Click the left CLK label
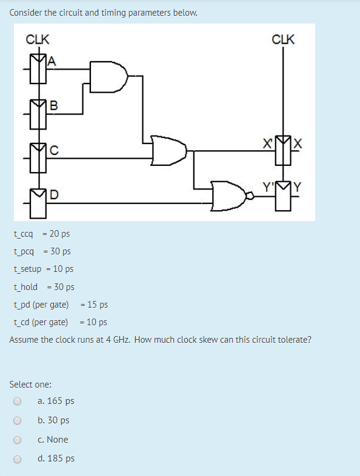pos(38,40)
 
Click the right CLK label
pos(283,40)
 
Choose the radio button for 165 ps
pos(18,401)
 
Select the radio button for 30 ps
pos(18,420)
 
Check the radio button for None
pos(18,440)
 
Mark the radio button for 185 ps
pos(18,459)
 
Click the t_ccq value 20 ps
pos(59,234)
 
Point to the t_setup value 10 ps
pos(64,269)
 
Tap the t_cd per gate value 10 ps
pos(97,322)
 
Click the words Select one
pos(30,384)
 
